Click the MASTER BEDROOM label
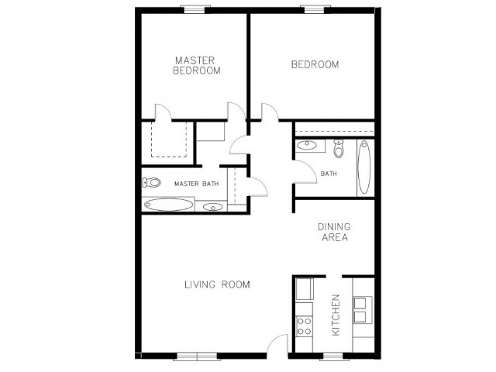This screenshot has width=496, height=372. (x=196, y=65)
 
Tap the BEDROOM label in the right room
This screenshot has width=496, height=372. (x=315, y=64)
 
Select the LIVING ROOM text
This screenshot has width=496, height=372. (x=217, y=284)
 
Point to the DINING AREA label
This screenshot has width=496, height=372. (x=334, y=232)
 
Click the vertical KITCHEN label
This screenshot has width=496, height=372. (x=336, y=315)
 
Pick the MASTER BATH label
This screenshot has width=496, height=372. (x=196, y=184)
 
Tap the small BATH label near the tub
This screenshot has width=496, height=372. (x=329, y=174)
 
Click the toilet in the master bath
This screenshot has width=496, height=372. (x=152, y=183)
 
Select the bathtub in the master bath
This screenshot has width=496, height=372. (x=168, y=205)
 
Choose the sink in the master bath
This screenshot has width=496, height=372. (x=212, y=207)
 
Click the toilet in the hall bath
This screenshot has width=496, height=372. (x=339, y=149)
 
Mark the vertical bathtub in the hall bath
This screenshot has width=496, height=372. (x=364, y=167)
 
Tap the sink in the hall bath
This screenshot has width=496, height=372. (x=307, y=145)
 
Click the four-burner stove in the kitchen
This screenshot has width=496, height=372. (x=305, y=326)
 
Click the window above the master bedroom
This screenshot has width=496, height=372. (x=198, y=10)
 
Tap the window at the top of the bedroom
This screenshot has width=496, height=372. (x=315, y=10)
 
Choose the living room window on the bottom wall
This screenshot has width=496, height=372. (x=197, y=356)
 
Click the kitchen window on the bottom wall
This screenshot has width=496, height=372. (x=332, y=356)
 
